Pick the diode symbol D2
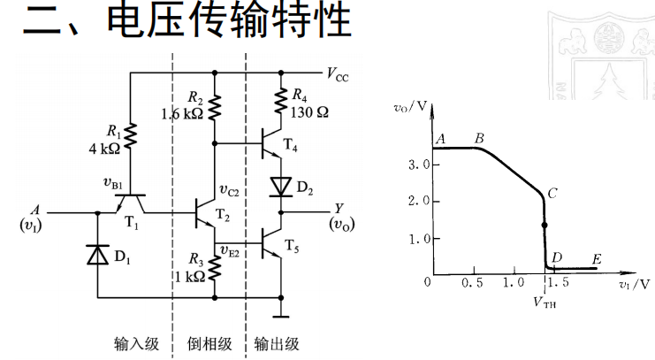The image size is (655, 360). tap(281, 188)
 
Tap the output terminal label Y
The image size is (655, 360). tap(339, 210)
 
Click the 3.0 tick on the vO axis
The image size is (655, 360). tap(418, 165)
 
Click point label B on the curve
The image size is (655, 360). tap(479, 138)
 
